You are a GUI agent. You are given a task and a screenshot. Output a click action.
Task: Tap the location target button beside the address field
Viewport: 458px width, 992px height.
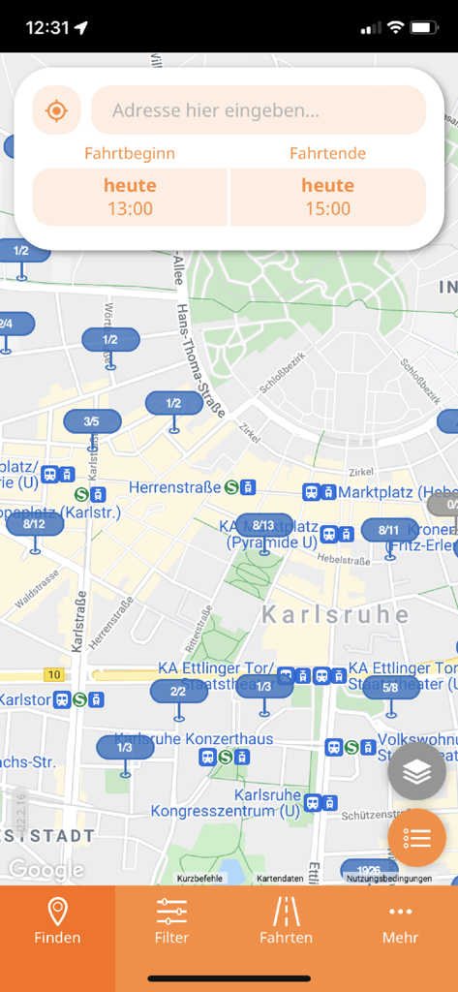point(56,110)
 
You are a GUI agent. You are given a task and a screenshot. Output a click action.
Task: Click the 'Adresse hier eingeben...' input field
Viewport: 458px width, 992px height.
point(258,110)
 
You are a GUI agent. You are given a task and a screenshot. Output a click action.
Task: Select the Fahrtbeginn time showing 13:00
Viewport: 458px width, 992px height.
point(131,197)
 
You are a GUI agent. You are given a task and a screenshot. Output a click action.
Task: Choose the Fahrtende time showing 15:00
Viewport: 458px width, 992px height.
point(327,197)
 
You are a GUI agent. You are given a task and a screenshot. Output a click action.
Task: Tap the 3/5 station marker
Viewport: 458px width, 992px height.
point(91,421)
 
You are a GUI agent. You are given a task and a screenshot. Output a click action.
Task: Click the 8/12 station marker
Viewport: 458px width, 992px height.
point(34,524)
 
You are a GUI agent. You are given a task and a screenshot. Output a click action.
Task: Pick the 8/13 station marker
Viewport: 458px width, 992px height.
point(263,525)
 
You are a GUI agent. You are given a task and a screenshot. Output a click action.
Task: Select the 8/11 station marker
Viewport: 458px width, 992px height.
point(388,530)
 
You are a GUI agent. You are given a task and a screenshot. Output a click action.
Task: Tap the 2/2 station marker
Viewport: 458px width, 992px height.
point(178,691)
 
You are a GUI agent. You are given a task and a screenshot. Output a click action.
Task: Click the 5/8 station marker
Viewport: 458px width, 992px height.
point(390,688)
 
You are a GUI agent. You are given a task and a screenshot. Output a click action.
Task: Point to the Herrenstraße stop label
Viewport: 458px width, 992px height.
point(174,487)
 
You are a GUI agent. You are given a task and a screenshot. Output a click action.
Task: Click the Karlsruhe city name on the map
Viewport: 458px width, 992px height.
point(335,615)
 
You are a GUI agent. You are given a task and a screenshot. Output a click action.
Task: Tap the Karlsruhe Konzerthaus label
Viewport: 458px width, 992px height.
point(194,739)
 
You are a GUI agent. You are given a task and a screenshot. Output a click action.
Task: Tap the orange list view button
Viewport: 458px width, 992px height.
point(416,837)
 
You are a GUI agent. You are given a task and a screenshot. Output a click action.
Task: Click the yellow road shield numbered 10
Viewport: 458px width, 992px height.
point(54,674)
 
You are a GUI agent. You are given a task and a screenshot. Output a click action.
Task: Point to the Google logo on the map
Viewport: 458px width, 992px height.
point(45,869)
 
